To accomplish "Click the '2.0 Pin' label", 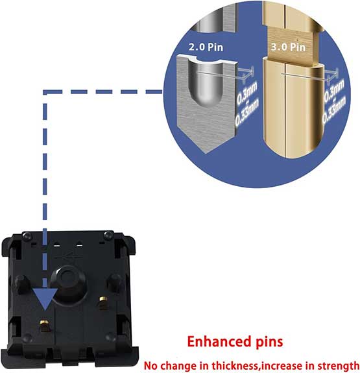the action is (206, 47).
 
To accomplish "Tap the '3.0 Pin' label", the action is (288, 47).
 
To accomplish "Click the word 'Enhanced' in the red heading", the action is (219, 342).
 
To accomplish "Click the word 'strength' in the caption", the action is (339, 366).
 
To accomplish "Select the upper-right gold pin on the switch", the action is (103, 302).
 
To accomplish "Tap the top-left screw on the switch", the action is (27, 236).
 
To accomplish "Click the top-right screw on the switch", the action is (109, 235).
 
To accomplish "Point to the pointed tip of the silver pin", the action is (206, 153).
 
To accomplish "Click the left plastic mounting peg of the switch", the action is (21, 283).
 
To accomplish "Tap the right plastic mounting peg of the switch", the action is (114, 282).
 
